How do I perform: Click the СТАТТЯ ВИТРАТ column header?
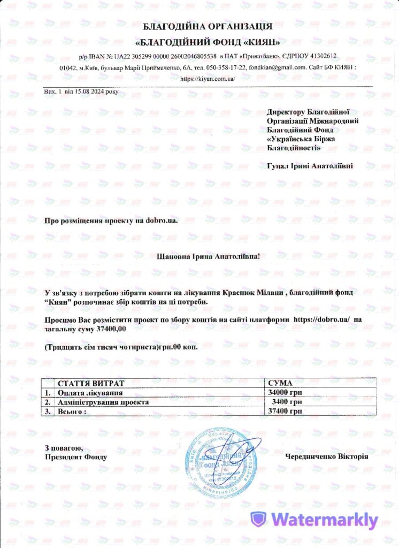[90, 384]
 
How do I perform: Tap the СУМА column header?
[280, 384]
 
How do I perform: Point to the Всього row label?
[72, 410]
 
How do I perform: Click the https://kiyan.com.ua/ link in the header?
[208, 78]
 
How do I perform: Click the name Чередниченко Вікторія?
[327, 456]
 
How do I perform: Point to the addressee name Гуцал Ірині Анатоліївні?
[310, 166]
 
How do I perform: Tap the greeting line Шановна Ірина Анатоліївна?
[208, 257]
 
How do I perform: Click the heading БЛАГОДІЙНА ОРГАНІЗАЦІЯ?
[208, 26]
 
